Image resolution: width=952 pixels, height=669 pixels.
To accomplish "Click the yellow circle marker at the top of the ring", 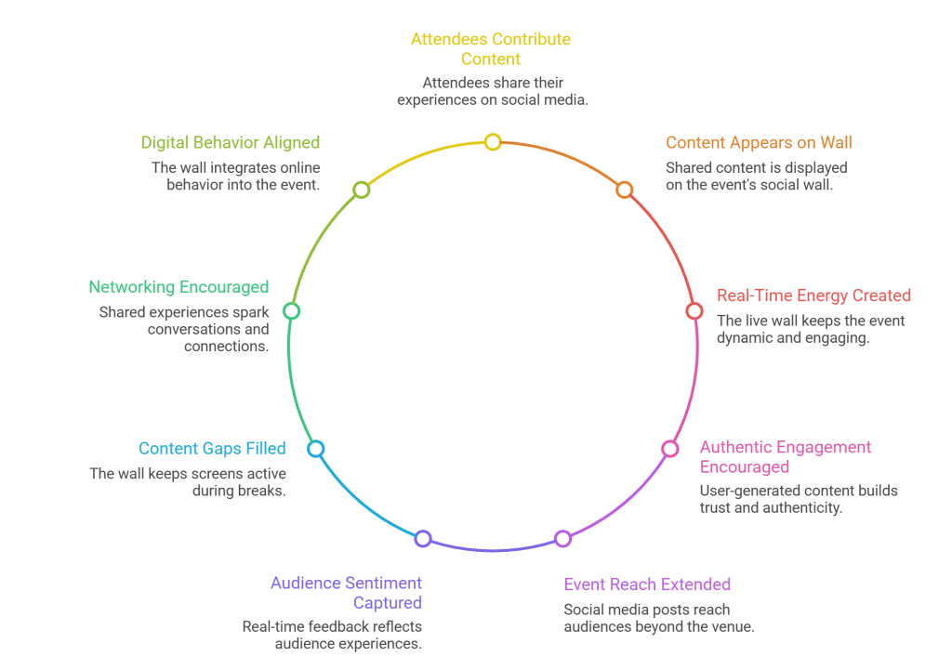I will coord(493,142).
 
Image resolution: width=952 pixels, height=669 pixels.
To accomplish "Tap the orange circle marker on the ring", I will coord(625,190).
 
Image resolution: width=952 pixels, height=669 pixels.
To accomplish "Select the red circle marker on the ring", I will coord(694,311).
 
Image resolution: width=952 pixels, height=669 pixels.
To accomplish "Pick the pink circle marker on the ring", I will coord(669,449).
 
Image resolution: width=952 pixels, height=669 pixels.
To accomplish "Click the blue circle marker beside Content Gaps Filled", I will coord(316,449).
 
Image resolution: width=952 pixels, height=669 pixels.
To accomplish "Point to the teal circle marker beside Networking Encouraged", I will coord(292,311).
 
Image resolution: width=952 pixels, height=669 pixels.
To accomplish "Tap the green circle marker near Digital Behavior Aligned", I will coord(362,190).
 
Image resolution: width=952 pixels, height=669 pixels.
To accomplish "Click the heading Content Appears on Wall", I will coord(759,143).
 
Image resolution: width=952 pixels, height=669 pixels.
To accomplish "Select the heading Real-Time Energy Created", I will coord(813,295).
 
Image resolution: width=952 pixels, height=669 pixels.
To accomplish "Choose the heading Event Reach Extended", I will coord(647,584).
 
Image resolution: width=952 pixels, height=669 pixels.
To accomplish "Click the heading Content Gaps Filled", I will coord(212,449).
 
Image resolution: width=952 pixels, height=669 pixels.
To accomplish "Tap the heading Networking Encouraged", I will coord(178,287).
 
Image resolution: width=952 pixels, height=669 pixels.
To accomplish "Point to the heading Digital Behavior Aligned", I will coord(231,143).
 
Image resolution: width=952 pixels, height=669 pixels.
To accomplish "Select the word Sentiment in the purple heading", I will coord(378,584).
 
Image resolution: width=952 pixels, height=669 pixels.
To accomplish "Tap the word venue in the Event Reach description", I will coord(732,627).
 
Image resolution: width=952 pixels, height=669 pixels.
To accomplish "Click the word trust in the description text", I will coord(717,507).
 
